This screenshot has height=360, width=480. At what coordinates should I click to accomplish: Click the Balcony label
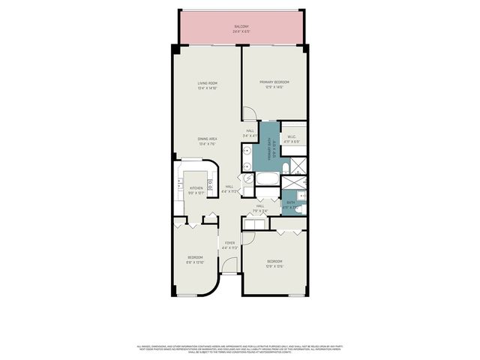pyautogui.click(x=240, y=30)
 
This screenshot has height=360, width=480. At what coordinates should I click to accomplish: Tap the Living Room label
pyautogui.click(x=207, y=85)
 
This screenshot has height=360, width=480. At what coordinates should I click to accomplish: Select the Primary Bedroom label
pyautogui.click(x=274, y=84)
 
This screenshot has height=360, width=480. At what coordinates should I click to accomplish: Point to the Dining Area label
pyautogui.click(x=207, y=141)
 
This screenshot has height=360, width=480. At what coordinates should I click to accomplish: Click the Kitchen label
pyautogui.click(x=196, y=190)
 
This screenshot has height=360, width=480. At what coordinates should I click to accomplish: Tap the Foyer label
pyautogui.click(x=230, y=244)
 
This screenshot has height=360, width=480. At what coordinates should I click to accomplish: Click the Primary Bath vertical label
pyautogui.click(x=274, y=151)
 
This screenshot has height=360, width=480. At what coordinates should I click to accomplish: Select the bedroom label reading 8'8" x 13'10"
pyautogui.click(x=195, y=259)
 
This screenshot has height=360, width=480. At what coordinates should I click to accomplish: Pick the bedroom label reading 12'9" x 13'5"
pyautogui.click(x=274, y=263)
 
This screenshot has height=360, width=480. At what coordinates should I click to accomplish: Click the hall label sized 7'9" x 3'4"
pyautogui.click(x=260, y=208)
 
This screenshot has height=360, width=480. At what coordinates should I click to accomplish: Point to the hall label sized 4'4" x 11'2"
pyautogui.click(x=229, y=189)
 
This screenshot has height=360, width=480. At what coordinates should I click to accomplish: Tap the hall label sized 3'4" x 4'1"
pyautogui.click(x=250, y=133)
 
